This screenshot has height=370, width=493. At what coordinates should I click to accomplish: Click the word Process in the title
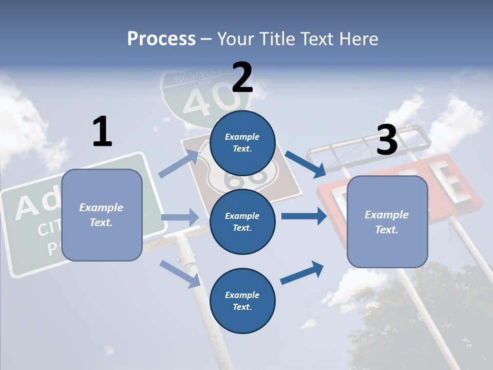161,39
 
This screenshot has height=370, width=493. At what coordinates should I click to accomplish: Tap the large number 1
102,132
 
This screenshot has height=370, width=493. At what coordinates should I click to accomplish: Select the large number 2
242,78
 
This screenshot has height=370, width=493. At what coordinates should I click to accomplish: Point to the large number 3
387,140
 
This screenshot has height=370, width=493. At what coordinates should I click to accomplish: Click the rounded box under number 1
102,215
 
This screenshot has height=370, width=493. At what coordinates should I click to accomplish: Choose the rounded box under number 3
387,221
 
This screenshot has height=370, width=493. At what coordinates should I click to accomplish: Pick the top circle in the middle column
242,142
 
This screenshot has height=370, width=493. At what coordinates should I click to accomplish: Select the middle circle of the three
242,221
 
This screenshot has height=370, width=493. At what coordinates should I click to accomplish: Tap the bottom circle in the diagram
242,301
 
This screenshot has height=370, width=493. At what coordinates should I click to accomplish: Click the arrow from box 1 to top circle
179,163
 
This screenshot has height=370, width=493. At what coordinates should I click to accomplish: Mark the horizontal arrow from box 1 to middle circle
180,217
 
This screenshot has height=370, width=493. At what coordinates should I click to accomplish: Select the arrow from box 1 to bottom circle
180,273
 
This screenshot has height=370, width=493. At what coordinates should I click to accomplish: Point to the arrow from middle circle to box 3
304,216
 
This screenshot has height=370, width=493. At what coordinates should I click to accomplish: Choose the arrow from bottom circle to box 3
302,273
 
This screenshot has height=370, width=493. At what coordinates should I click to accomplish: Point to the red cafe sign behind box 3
452,180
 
